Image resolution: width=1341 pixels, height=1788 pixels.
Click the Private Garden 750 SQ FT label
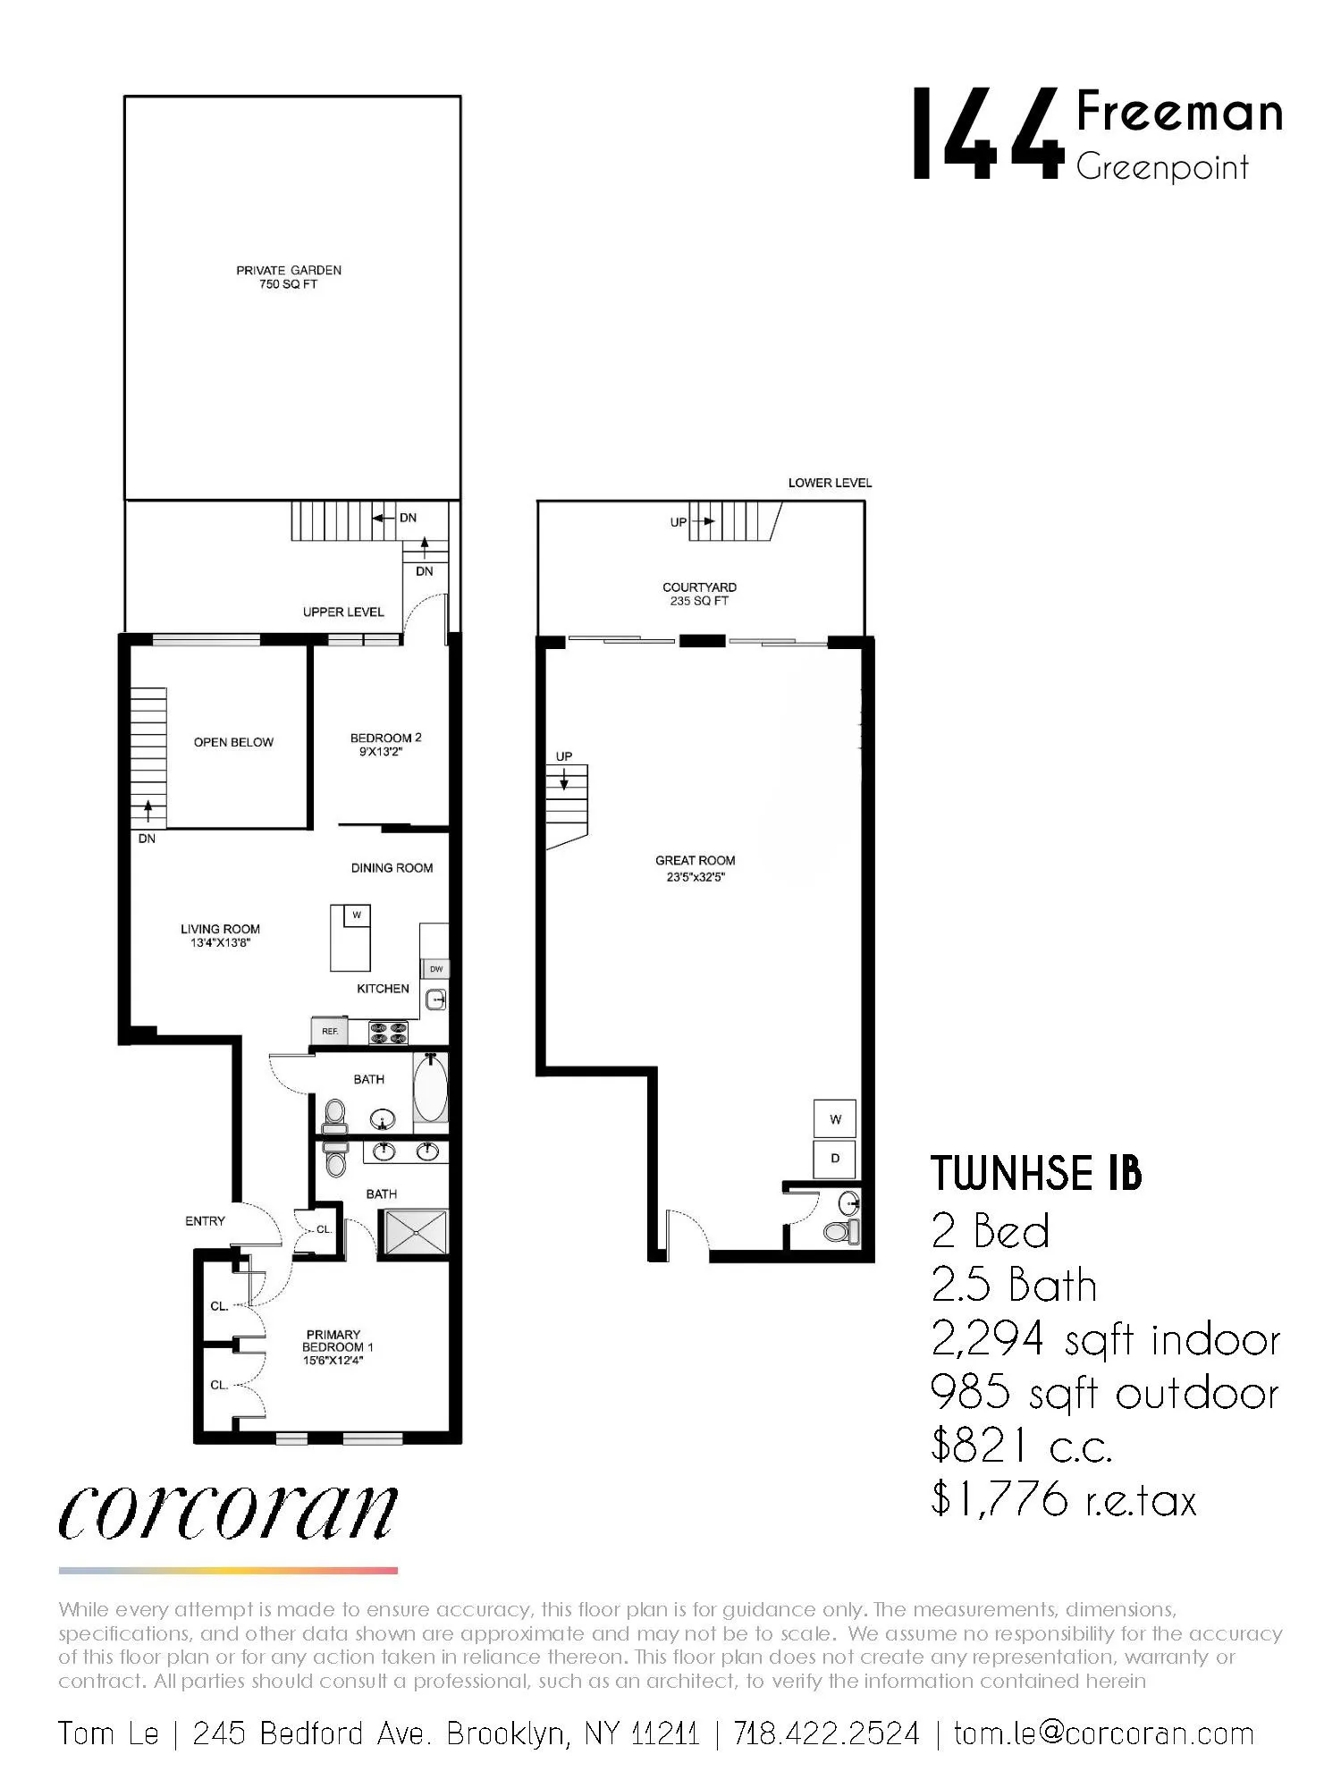click(x=288, y=277)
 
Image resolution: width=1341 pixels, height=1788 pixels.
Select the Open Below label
click(x=233, y=742)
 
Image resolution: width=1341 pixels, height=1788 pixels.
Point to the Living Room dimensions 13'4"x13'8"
click(x=219, y=942)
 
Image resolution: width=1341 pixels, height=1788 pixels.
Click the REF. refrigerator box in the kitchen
click(x=330, y=1031)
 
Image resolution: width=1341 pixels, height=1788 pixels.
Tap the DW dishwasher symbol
click(x=435, y=969)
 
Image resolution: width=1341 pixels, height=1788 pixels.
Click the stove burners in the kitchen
click(x=389, y=1033)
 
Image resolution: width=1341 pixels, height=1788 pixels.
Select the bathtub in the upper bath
click(x=430, y=1091)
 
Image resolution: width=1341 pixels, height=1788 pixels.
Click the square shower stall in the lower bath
click(x=415, y=1232)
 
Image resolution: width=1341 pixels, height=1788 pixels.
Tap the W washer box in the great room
click(x=835, y=1118)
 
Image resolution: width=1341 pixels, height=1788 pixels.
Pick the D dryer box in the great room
click(x=835, y=1159)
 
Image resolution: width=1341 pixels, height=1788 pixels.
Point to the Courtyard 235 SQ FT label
click(x=699, y=595)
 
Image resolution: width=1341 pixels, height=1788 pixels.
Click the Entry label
click(x=205, y=1221)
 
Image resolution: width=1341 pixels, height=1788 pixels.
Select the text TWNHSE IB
click(x=1036, y=1174)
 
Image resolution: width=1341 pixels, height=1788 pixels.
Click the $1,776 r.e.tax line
click(x=1062, y=1499)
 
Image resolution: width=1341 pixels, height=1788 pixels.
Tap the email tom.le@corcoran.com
click(x=1103, y=1734)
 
